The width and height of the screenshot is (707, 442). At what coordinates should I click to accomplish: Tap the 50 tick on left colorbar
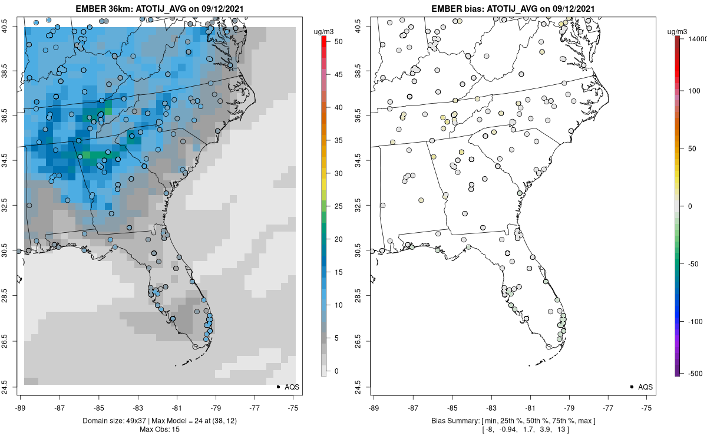pyautogui.click(x=338, y=42)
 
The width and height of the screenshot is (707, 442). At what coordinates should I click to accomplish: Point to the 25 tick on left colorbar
pyautogui.click(x=338, y=206)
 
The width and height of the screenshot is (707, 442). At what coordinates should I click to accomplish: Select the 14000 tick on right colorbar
pyautogui.click(x=698, y=39)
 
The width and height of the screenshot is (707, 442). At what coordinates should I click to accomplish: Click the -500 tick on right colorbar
pyautogui.click(x=695, y=374)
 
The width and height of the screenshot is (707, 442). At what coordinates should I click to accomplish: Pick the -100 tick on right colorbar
pyautogui.click(x=695, y=322)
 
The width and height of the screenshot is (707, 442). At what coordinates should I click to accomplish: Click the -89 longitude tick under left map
pyautogui.click(x=21, y=408)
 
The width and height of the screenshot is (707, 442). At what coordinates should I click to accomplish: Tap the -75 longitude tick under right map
pyautogui.click(x=646, y=408)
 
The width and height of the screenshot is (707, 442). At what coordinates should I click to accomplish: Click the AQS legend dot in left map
pyautogui.click(x=278, y=387)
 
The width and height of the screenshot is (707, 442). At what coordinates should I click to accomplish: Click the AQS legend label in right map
pyautogui.click(x=645, y=387)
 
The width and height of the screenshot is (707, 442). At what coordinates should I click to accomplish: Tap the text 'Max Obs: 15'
pyautogui.click(x=160, y=430)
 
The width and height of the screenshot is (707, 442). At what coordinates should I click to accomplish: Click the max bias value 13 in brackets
pyautogui.click(x=561, y=430)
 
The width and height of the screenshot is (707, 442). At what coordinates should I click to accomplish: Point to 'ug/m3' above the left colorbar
pyautogui.click(x=323, y=32)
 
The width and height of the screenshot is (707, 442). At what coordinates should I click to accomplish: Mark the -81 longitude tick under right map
pyautogui.click(x=530, y=408)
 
